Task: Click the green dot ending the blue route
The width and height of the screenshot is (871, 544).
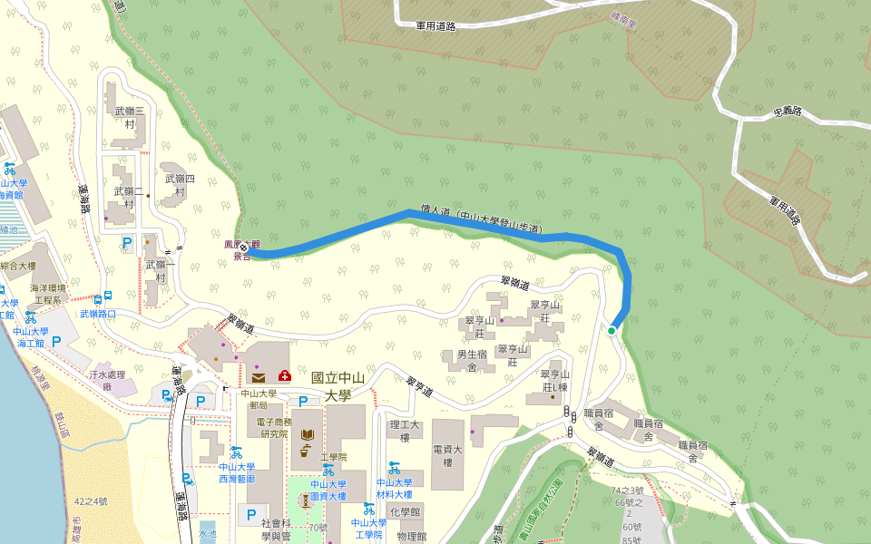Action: click(x=612, y=331)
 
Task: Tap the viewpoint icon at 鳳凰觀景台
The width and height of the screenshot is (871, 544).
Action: click(x=244, y=248)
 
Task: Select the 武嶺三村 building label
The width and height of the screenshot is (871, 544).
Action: click(x=123, y=117)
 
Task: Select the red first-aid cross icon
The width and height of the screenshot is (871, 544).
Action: click(x=285, y=375)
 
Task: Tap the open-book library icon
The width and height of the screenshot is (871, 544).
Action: click(x=308, y=436)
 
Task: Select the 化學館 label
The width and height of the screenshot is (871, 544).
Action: click(x=410, y=512)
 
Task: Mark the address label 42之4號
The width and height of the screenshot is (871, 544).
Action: click(x=91, y=501)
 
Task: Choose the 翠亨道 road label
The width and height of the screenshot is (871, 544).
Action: click(x=420, y=387)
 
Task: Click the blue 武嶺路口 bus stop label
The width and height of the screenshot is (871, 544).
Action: click(x=97, y=314)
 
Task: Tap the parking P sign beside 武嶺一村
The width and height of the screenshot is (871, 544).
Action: click(x=128, y=242)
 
